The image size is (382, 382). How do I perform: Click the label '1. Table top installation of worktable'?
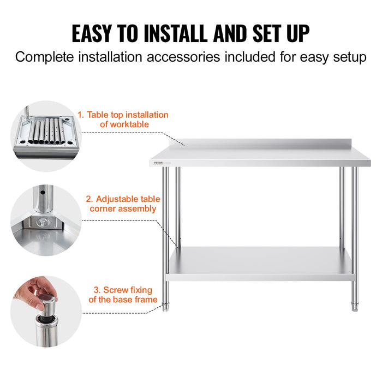pyautogui.click(x=123, y=120)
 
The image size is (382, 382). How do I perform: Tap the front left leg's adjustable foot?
pyautogui.click(x=166, y=307)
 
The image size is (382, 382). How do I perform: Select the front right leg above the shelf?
pyautogui.click(x=354, y=207)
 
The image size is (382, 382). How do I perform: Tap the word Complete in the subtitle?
pyautogui.click(x=41, y=57)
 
